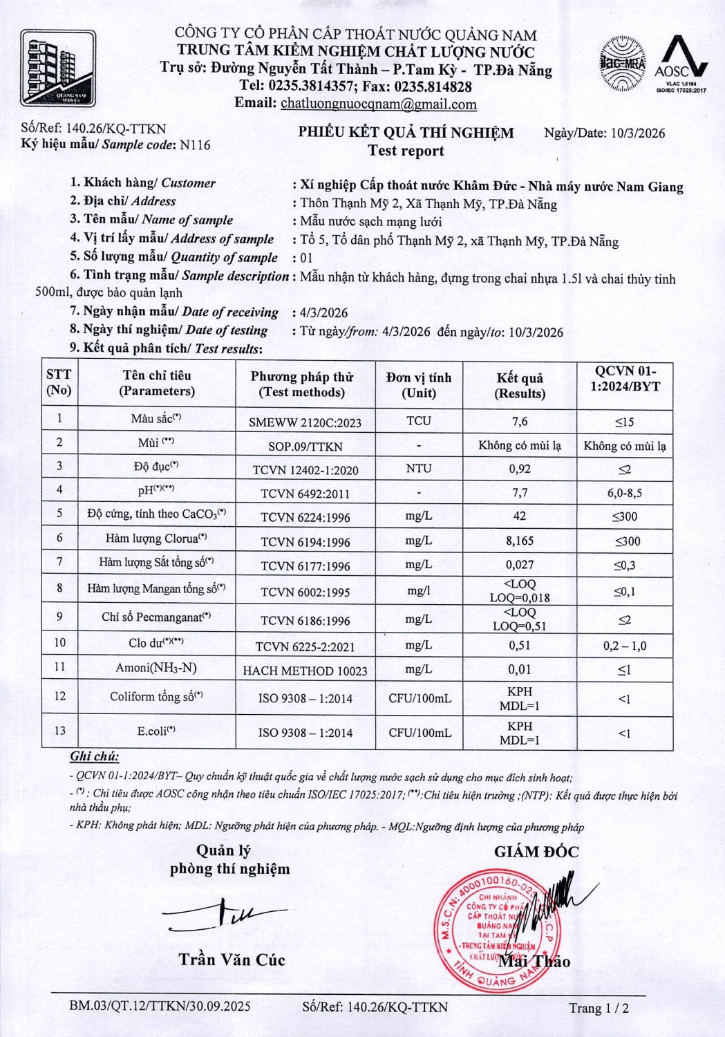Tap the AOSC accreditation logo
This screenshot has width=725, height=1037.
click(x=681, y=64)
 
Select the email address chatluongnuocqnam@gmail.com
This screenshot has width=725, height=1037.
click(x=378, y=104)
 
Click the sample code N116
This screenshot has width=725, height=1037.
click(x=195, y=145)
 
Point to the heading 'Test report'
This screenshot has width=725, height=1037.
click(x=406, y=151)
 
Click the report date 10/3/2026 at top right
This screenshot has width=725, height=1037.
click(x=638, y=133)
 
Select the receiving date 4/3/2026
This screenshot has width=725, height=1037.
click(x=324, y=313)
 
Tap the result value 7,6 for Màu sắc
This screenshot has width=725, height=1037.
click(x=520, y=422)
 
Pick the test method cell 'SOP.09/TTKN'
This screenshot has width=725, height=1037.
click(x=305, y=447)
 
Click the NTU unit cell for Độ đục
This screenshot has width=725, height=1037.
click(x=419, y=469)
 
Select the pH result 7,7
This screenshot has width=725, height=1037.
click(x=520, y=493)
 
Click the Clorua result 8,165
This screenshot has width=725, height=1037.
click(x=520, y=541)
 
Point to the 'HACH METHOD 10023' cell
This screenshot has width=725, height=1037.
click(x=305, y=671)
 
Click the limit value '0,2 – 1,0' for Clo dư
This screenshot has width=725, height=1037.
click(x=625, y=646)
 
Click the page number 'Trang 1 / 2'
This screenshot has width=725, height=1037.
click(x=599, y=1008)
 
